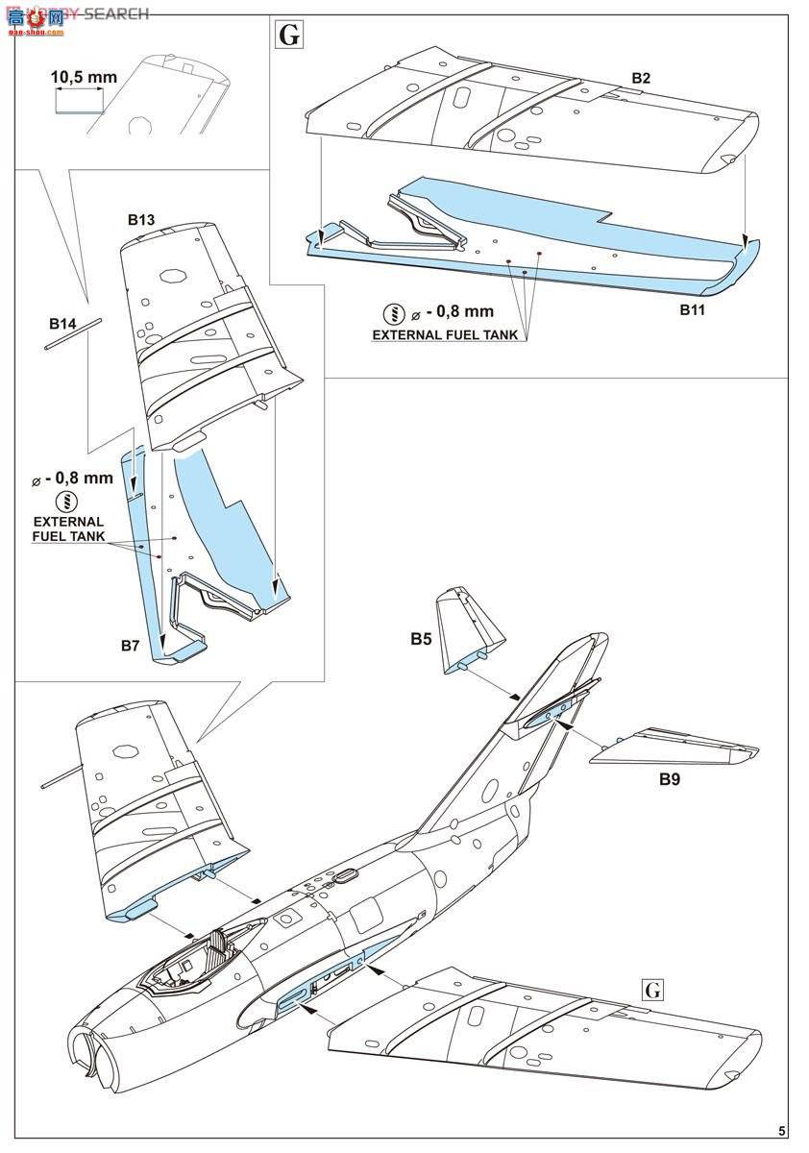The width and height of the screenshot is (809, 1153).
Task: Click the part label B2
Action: point(642,77)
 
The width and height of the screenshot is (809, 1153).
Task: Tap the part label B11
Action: point(694,309)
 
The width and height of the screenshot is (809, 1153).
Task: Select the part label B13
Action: point(141,220)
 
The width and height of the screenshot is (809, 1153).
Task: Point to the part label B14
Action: point(62,325)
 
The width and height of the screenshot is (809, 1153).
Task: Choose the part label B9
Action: point(670,780)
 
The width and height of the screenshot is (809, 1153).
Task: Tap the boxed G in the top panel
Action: point(289,36)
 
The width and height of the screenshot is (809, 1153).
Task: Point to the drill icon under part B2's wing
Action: point(393,313)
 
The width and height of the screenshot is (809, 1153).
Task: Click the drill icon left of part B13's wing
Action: point(67,501)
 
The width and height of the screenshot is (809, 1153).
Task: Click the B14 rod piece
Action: point(72,335)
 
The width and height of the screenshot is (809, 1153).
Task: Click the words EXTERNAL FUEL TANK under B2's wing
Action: point(445,335)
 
